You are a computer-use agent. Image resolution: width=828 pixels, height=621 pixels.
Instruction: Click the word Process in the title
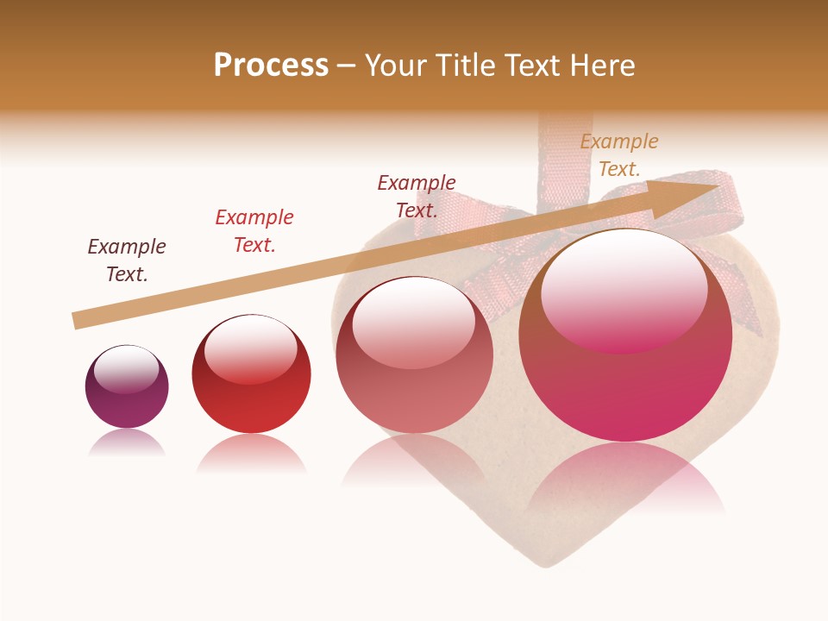point(271,66)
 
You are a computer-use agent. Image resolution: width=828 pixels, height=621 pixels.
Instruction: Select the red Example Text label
point(254,231)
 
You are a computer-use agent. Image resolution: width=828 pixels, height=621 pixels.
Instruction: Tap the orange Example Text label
point(619,155)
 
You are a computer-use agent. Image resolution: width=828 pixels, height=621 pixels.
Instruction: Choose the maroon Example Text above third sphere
point(417,197)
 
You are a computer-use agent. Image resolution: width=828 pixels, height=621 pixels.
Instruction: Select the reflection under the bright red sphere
point(251,453)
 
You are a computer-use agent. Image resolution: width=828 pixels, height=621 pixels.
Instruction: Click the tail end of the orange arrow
point(76,321)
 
